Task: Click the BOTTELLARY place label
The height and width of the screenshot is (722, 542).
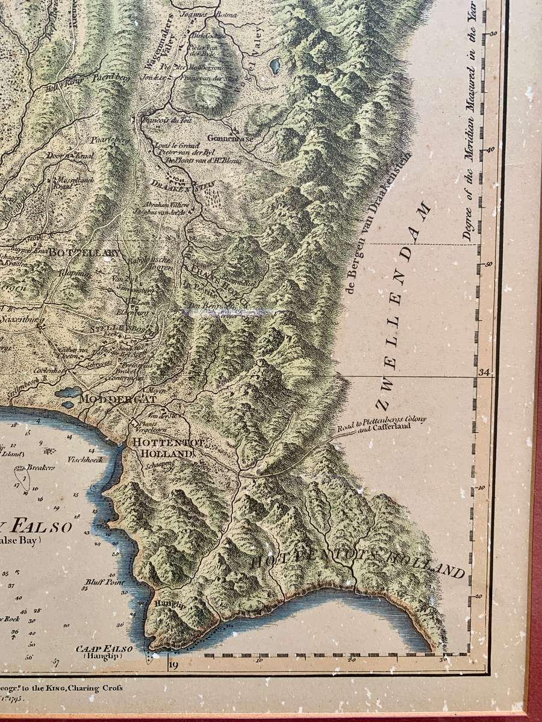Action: coord(86,253)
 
